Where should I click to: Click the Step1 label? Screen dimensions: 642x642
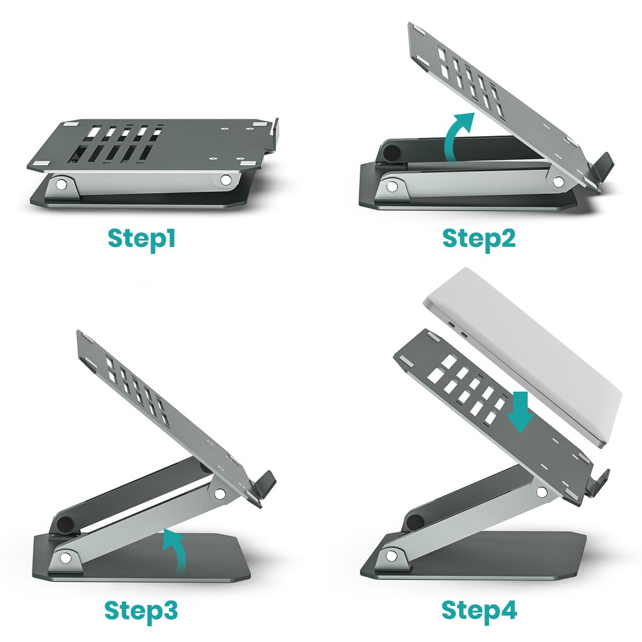(x=141, y=238)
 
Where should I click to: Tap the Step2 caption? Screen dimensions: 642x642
(x=479, y=239)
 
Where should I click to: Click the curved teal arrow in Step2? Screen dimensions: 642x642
(x=454, y=134)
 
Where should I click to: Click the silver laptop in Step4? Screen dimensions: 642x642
(x=527, y=351)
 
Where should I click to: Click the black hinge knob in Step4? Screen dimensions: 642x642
(x=414, y=522)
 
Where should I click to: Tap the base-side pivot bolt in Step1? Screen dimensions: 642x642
(x=61, y=185)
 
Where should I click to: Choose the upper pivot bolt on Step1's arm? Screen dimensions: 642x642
(x=226, y=180)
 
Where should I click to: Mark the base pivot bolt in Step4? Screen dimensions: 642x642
(x=392, y=555)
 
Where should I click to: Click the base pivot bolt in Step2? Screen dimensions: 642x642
(x=392, y=186)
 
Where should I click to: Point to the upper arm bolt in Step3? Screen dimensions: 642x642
(x=220, y=493)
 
